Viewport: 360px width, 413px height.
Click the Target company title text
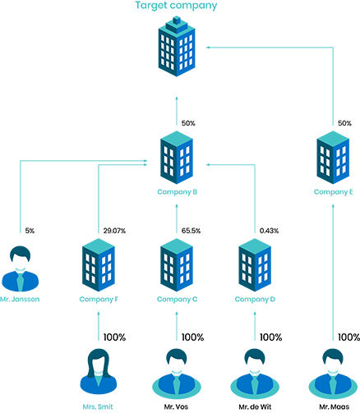coord(176,6)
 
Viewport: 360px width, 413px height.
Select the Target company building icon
coord(177,47)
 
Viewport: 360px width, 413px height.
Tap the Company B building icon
coord(177,158)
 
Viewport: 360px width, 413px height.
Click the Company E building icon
coord(333,158)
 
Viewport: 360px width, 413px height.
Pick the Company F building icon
coord(99,265)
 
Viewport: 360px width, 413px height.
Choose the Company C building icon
coord(177,265)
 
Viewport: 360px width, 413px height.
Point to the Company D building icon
coord(255,265)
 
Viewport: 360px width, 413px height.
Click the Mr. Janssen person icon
coord(21,268)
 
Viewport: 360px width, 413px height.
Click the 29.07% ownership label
coord(114,231)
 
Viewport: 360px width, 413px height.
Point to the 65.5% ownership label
coord(191,231)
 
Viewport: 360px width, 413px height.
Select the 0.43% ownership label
coord(269,231)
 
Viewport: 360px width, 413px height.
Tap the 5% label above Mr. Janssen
coord(30,231)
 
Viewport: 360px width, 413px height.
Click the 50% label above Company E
coord(344,123)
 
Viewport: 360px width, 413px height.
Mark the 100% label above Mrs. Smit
coord(114,337)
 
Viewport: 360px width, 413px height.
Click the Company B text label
coord(177,192)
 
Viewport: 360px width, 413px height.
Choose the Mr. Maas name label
coord(335,406)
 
